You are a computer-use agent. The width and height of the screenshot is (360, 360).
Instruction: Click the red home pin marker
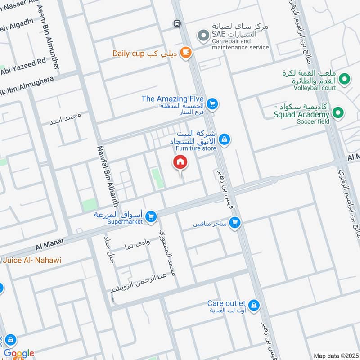[180, 162]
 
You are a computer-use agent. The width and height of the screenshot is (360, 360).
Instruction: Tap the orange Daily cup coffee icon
[185, 53]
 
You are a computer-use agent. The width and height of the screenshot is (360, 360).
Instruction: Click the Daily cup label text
[128, 54]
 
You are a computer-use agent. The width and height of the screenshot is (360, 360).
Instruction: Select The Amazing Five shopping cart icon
[213, 105]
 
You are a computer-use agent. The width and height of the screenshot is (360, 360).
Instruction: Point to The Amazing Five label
[173, 99]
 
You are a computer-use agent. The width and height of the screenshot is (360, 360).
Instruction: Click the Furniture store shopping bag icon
[225, 139]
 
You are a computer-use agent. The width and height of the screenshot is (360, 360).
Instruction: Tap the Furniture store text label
[196, 148]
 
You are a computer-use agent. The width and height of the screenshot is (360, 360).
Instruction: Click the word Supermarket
[125, 221]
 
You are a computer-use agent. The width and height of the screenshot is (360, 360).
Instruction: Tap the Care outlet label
[226, 303]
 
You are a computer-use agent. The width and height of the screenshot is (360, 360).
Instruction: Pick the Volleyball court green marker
[345, 79]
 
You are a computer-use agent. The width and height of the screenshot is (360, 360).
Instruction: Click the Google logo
[19, 354]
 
